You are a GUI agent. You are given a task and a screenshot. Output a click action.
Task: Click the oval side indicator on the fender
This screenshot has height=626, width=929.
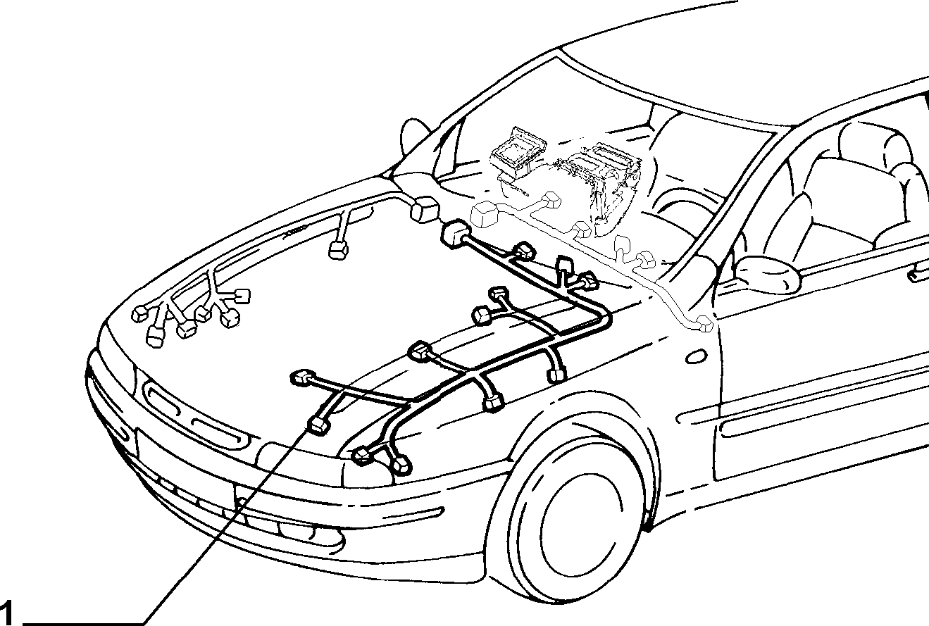(697, 356)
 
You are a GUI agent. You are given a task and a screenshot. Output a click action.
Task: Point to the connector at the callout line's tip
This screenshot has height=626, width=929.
(318, 425)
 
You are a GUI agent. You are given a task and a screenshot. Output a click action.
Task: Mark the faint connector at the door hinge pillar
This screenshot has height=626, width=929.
(704, 322)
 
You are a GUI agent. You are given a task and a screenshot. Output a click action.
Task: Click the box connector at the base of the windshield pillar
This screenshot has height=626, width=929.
(424, 210)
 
